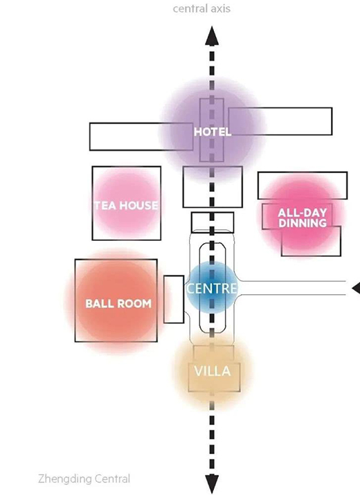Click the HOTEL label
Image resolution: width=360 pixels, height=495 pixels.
pyautogui.click(x=213, y=132)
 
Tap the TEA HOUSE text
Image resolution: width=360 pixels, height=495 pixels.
pyautogui.click(x=126, y=206)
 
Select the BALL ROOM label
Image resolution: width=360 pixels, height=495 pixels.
pyautogui.click(x=118, y=303)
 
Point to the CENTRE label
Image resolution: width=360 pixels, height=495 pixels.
pyautogui.click(x=211, y=289)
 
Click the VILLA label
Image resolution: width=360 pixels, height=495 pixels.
pyautogui.click(x=213, y=371)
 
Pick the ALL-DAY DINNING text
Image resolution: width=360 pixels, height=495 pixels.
pyautogui.click(x=303, y=218)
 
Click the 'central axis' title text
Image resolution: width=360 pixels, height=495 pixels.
pyautogui.click(x=201, y=8)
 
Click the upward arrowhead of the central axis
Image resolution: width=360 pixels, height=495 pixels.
pyautogui.click(x=212, y=36)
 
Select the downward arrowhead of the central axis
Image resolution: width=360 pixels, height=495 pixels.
pyautogui.click(x=212, y=484)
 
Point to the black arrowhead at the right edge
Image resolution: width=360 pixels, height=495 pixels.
pyautogui.click(x=357, y=288)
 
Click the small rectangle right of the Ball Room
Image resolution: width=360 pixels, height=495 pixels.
pyautogui.click(x=174, y=299)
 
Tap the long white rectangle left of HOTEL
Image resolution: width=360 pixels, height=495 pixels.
pyautogui.click(x=141, y=136)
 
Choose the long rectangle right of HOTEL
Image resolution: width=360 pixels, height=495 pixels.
pyautogui.click(x=280, y=122)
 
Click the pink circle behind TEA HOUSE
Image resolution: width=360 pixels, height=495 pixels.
pyautogui.click(x=126, y=204)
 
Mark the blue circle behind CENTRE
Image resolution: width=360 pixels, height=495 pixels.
pyautogui.click(x=212, y=287)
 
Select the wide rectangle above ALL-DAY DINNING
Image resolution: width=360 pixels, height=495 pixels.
pyautogui.click(x=303, y=186)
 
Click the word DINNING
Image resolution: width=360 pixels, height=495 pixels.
pyautogui.click(x=303, y=223)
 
